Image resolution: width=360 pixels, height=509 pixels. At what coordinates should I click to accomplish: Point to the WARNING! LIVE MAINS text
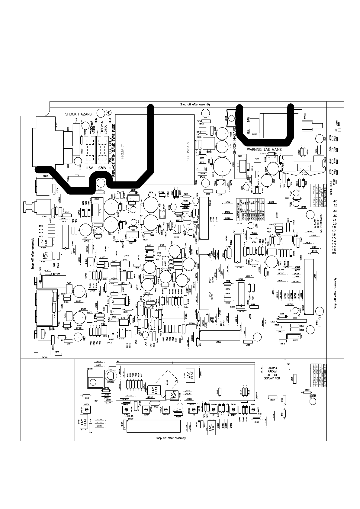[264, 150]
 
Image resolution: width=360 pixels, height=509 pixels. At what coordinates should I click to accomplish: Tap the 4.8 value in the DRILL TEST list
[335, 201]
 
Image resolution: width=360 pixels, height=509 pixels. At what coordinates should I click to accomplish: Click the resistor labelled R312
[283, 341]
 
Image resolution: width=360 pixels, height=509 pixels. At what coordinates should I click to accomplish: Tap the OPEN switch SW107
[87, 409]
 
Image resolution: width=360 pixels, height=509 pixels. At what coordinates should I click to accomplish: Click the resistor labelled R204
[151, 195]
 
